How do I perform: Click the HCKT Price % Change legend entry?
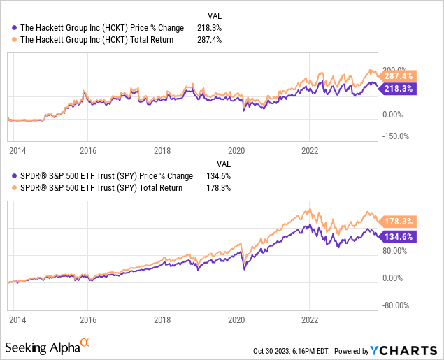coord(102,28)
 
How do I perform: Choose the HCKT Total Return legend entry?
coord(97,40)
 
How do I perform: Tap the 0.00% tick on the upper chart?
coord(395,113)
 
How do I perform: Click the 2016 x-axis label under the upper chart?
coord(87,150)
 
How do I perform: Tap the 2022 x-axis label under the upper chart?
coord(310,150)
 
